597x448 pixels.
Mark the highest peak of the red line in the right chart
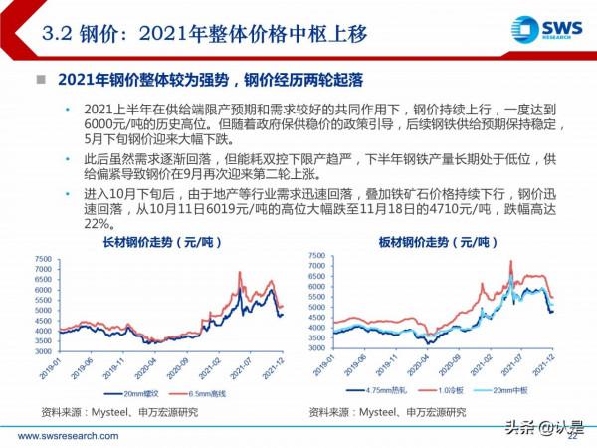tap(510, 262)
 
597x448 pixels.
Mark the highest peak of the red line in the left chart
tap(239, 272)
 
